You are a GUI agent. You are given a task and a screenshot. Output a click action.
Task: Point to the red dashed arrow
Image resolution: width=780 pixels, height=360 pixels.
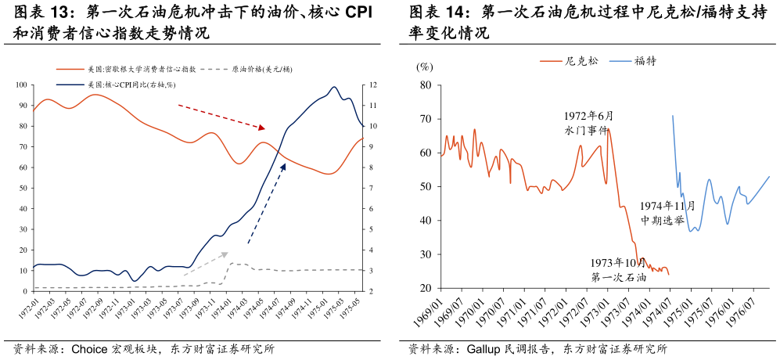click(x=221, y=117)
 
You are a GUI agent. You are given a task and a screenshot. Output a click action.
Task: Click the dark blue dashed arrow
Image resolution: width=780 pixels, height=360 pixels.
click(x=267, y=203)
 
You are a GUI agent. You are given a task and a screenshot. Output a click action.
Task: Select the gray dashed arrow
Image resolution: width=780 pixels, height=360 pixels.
click(x=206, y=264)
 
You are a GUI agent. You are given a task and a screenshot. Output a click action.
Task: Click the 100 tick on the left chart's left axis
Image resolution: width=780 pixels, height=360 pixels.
click(x=21, y=85)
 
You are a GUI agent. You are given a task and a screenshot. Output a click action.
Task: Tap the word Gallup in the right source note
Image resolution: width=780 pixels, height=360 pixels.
click(x=482, y=348)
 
